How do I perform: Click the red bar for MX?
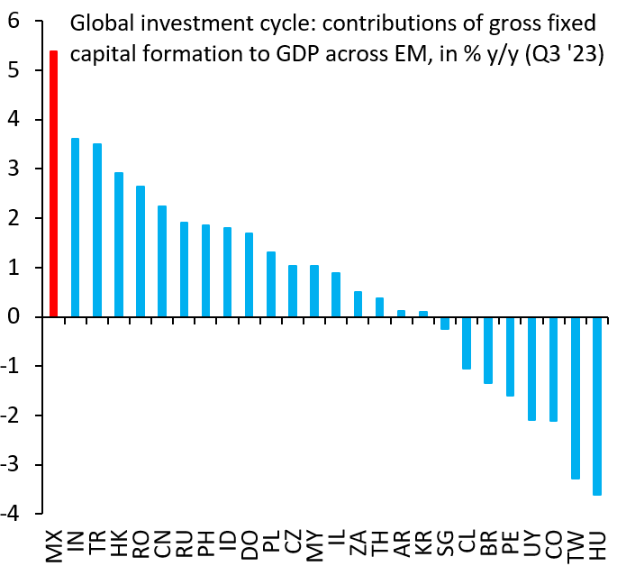click(54, 184)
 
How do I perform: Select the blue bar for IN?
click(76, 227)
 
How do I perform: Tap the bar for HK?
click(119, 244)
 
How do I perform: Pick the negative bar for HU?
click(597, 406)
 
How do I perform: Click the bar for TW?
click(576, 397)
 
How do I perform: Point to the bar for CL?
click(467, 342)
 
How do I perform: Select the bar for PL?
click(271, 284)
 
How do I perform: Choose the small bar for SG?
click(445, 323)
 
